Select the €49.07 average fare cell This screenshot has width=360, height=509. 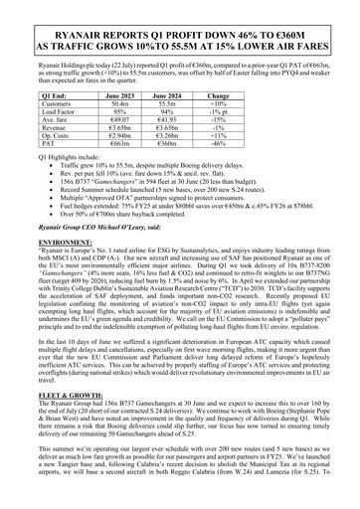click(120, 120)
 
